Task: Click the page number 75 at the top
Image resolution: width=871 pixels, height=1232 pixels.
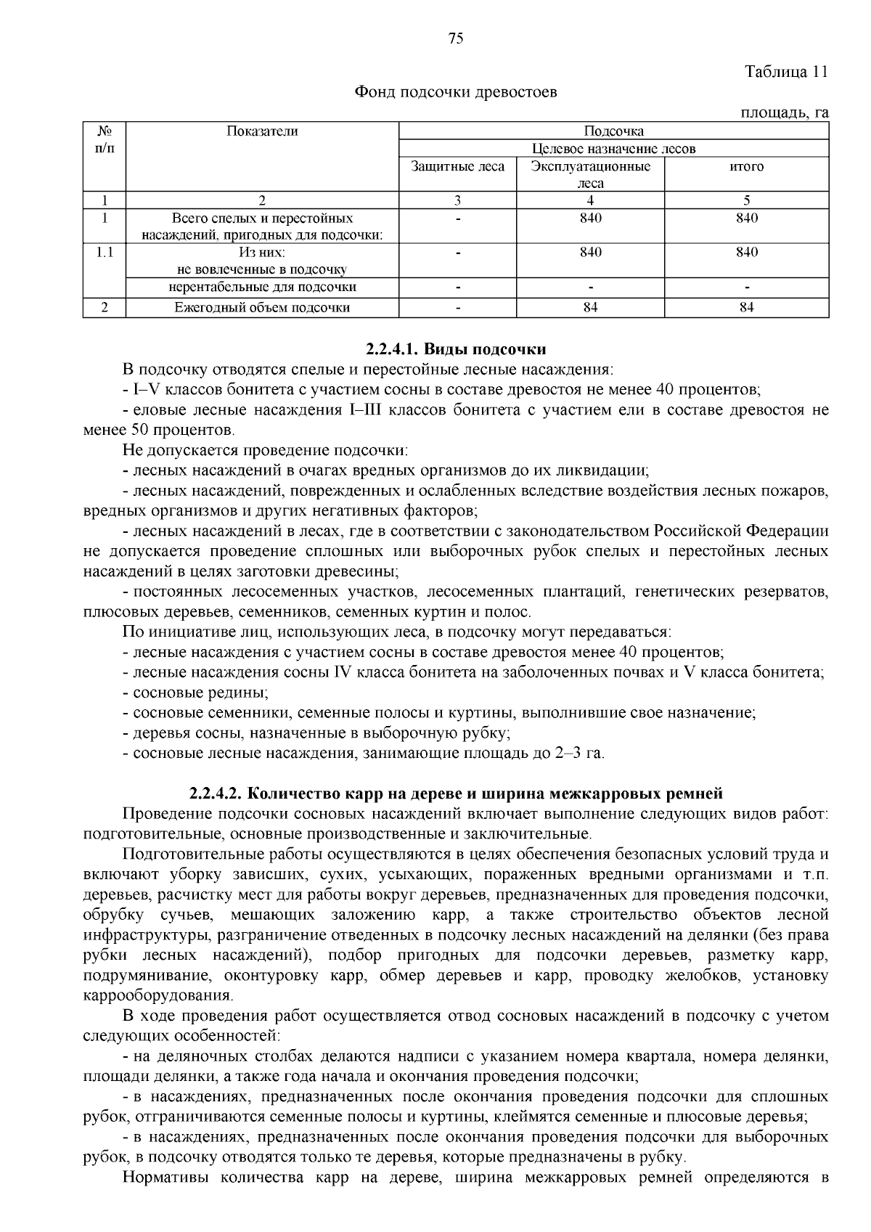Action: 456,39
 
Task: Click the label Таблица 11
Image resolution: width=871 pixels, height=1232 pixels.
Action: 786,72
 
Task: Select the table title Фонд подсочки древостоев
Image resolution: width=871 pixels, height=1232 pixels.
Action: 456,92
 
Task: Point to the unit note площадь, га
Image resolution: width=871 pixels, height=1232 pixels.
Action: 784,113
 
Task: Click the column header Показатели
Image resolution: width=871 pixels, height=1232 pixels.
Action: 262,131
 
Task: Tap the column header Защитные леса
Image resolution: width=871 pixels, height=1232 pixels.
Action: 457,166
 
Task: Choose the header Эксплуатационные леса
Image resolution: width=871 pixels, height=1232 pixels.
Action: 590,174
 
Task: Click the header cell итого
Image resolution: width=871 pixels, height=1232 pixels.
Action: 746,166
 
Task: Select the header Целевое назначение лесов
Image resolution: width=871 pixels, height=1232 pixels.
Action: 613,149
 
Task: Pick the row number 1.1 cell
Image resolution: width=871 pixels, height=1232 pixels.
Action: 105,252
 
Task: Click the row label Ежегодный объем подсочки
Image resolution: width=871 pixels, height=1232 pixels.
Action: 262,307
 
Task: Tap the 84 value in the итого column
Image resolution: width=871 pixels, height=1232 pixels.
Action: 746,307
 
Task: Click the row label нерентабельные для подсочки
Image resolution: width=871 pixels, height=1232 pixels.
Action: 262,287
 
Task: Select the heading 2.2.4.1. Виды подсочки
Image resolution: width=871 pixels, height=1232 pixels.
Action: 456,349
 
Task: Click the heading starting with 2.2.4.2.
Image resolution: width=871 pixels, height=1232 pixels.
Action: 456,792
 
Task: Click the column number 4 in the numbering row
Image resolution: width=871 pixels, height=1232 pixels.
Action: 590,200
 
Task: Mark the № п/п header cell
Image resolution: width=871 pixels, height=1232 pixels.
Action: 105,139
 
